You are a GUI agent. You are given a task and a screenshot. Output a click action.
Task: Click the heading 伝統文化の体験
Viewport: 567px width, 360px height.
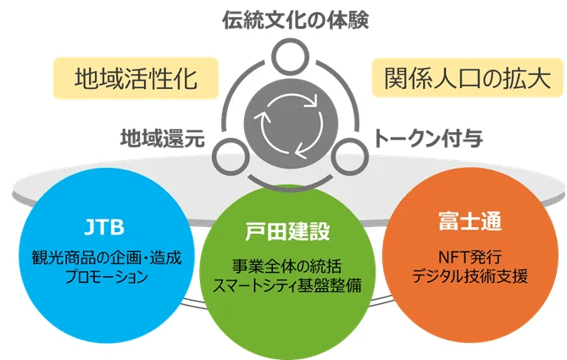296,20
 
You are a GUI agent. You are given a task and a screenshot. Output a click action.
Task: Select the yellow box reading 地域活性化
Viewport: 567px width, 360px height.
136,78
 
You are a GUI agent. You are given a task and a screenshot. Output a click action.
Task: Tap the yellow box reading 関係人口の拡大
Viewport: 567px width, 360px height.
468,78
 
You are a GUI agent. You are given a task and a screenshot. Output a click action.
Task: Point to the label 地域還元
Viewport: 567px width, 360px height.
163,138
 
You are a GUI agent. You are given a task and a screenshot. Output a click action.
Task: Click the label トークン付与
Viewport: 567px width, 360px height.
428,138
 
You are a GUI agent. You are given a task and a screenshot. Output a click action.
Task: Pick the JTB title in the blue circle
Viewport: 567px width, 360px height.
104,227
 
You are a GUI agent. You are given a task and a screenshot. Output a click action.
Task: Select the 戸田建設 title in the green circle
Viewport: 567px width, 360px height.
287,231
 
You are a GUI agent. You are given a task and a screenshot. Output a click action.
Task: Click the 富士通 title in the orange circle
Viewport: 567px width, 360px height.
470,221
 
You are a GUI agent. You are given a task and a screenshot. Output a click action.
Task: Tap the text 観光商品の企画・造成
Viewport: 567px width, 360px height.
106,258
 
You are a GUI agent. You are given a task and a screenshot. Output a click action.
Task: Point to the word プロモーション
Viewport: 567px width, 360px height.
106,277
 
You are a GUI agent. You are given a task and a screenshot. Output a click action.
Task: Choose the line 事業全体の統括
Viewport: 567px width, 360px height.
286,266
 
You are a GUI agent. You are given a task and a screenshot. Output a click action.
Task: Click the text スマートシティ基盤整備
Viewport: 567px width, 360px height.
286,285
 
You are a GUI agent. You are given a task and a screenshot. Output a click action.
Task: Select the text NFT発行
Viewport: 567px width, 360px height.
470,257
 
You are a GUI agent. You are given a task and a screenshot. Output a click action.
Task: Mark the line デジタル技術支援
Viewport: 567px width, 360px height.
470,276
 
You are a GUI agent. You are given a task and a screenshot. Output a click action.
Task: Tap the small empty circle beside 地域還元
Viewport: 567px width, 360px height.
231,158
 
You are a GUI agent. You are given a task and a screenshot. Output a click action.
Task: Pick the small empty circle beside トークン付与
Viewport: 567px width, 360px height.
350,158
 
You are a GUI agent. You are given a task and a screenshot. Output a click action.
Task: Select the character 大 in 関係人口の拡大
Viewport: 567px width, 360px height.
538,78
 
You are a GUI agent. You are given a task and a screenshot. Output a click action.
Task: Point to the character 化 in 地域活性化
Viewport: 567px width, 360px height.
185,79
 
